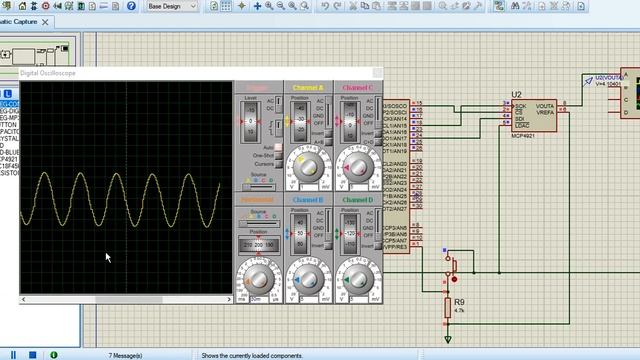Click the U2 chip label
(516, 95)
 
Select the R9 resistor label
(459, 301)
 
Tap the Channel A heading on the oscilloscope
(308, 88)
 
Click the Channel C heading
(357, 88)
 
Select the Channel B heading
(308, 200)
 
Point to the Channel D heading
(357, 200)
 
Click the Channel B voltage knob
(308, 278)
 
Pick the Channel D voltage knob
(357, 278)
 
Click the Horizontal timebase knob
(259, 278)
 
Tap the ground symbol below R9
(447, 340)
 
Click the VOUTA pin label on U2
(545, 106)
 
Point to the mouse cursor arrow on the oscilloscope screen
(108, 257)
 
